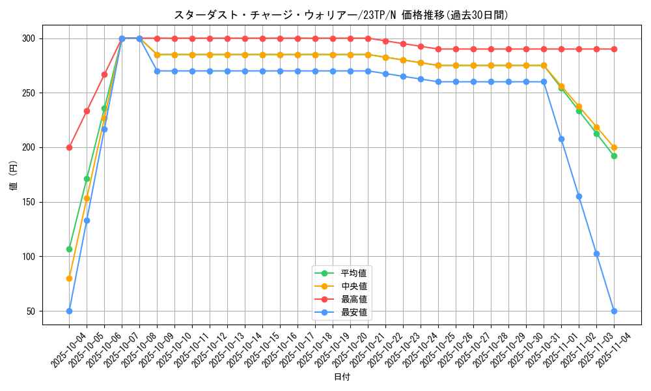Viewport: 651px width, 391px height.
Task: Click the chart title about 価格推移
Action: [341, 15]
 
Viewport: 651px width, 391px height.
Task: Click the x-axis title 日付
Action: [341, 377]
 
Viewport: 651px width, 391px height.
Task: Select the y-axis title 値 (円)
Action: [14, 175]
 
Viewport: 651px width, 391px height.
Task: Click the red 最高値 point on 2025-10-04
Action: [69, 147]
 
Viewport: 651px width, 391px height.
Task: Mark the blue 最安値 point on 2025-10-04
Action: [69, 311]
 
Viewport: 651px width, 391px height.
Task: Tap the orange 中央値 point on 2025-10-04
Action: [69, 278]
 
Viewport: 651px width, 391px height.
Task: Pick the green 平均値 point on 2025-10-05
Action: [87, 179]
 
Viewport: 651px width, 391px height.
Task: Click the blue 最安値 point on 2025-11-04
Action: [614, 311]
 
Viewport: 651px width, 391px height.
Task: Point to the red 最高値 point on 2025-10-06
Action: [104, 74]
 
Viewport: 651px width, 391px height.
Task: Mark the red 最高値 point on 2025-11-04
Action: [614, 50]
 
